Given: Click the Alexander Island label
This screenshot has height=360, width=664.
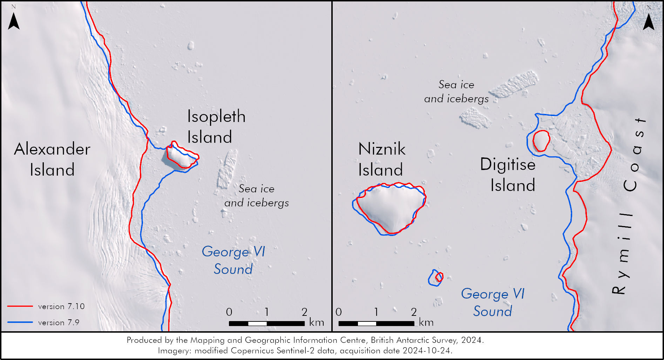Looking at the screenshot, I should point(52,159).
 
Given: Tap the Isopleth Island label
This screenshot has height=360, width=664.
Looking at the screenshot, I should point(216,127).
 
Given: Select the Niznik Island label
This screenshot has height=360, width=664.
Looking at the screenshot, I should point(381,159).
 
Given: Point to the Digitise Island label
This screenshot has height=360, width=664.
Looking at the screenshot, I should point(508,175).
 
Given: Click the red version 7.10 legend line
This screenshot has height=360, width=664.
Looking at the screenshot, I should point(20,306).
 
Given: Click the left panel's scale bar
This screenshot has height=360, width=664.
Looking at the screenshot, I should point(266,323).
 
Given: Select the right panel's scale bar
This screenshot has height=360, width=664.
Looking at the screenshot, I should point(376,323).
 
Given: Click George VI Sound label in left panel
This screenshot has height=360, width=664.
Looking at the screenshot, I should point(233,260).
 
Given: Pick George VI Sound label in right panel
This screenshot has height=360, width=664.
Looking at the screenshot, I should point(493,303).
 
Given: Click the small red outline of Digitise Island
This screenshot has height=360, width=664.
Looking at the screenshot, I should point(541,141).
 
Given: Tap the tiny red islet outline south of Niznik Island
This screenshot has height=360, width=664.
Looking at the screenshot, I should point(439,277).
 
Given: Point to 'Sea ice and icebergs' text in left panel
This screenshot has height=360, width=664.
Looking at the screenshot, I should point(257,196).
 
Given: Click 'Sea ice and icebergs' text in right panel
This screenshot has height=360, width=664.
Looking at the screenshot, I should point(456,91).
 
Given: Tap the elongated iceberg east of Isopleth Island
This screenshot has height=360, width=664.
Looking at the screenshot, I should point(227,169).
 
